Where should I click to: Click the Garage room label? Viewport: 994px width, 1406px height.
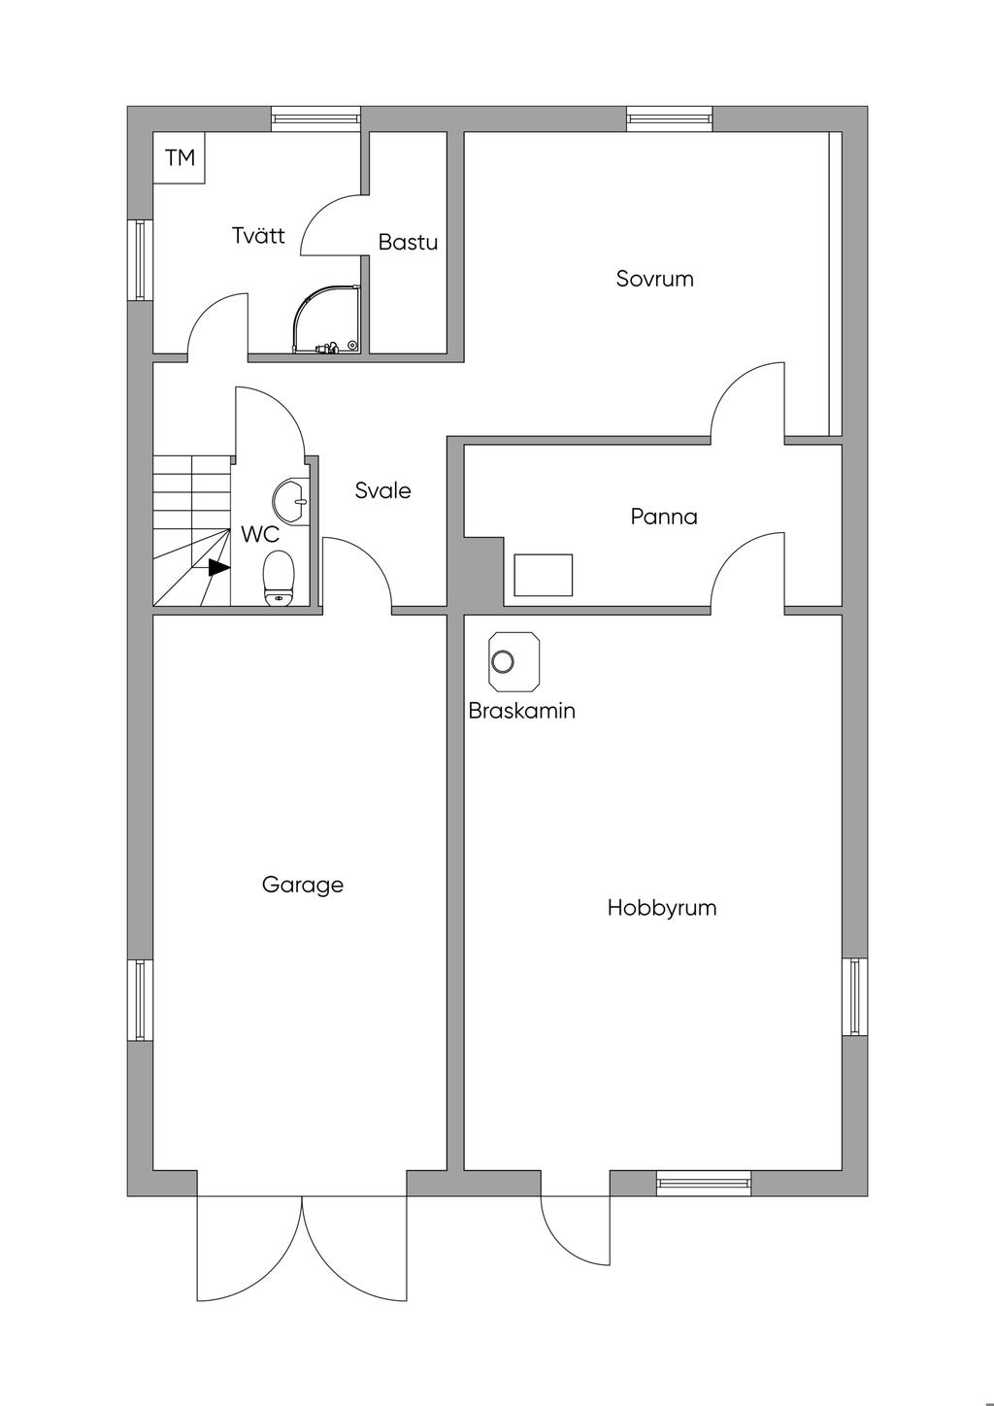click(303, 886)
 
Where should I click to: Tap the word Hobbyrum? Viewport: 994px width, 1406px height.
click(662, 908)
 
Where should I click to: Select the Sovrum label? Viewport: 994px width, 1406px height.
click(654, 279)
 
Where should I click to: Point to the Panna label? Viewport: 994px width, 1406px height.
click(664, 518)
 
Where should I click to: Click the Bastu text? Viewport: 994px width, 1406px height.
click(408, 243)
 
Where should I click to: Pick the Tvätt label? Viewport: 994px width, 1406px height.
click(258, 235)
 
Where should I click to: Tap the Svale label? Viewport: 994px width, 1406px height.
click(382, 490)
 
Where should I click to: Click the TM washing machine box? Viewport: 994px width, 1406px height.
click(180, 157)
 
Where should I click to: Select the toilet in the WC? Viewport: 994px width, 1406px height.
click(279, 578)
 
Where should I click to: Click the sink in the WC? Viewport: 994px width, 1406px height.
click(291, 502)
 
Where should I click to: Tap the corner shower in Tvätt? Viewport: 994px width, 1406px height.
click(327, 320)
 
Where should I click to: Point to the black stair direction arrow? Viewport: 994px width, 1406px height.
click(219, 567)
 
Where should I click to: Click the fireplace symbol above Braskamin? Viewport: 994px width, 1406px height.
click(514, 661)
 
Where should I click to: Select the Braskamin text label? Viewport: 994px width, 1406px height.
click(522, 711)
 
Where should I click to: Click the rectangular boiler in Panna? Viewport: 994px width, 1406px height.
click(544, 575)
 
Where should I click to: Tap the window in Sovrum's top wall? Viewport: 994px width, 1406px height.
click(670, 118)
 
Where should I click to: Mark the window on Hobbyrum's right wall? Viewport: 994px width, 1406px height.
click(854, 997)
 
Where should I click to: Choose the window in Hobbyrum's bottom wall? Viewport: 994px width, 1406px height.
click(704, 1184)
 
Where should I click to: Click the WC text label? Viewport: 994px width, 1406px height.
click(260, 535)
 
